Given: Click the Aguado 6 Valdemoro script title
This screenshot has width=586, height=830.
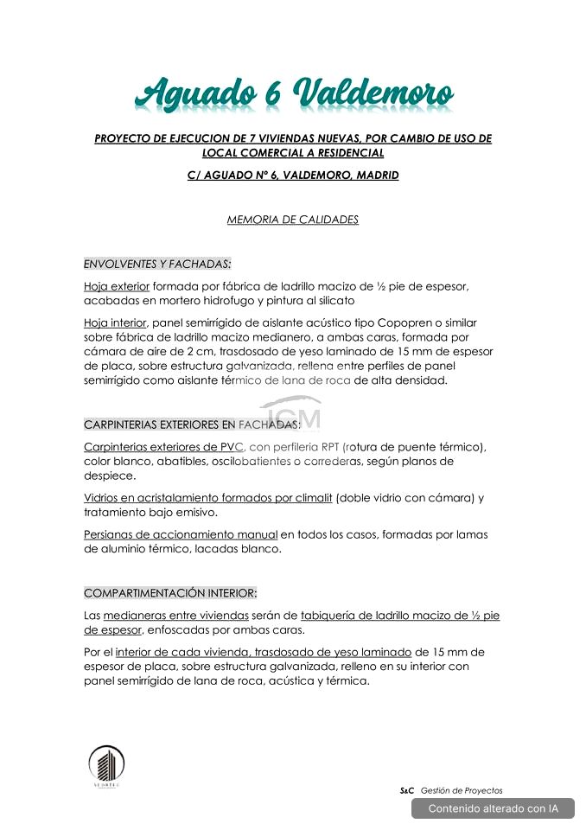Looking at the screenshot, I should click(293, 93).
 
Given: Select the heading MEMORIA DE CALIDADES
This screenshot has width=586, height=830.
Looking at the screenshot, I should click(292, 220).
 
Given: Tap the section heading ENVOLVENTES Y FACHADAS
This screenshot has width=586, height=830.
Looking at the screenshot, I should click(157, 264).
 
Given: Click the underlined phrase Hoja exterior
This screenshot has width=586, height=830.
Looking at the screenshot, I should click(117, 286).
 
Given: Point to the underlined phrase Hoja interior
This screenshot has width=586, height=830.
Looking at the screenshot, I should click(115, 322).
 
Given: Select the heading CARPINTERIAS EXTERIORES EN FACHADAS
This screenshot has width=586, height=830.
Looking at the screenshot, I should click(192, 425).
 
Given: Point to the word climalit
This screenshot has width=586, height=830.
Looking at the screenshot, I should click(308, 498).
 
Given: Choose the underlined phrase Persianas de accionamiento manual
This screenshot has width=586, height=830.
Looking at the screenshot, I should click(181, 535).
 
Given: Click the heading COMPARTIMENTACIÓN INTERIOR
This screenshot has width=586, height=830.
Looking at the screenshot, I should click(170, 593).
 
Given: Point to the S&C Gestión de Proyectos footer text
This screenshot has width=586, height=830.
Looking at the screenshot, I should click(450, 790).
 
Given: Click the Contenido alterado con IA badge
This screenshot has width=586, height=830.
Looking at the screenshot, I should click(493, 808).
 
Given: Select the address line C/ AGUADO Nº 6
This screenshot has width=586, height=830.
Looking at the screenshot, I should click(293, 175).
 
